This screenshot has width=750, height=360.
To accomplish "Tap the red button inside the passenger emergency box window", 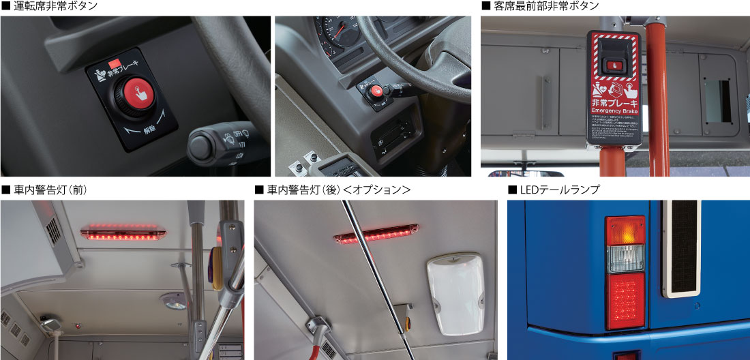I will tap(614, 64).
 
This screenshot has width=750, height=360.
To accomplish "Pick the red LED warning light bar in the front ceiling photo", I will tap(123, 232).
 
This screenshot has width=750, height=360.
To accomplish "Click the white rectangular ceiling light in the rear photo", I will tap(455, 293).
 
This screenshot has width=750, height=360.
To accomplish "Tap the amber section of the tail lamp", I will tap(625, 230).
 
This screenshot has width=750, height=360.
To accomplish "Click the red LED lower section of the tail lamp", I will tap(625, 300).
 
